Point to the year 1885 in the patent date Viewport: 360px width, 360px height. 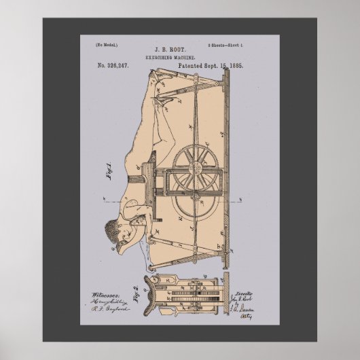tap(234, 68)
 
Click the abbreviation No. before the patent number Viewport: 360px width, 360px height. tap(106, 68)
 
